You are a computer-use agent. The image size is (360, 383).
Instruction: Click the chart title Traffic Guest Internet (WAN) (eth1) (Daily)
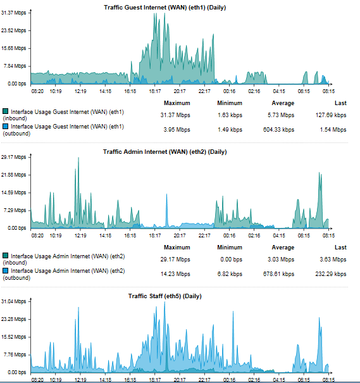164,8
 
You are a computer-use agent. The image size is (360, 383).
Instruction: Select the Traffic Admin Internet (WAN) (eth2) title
164,152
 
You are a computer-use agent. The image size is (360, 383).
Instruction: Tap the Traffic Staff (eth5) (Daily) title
164,296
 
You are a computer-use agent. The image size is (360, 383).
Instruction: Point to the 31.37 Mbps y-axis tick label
13,13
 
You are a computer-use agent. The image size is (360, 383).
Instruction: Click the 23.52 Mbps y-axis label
13,30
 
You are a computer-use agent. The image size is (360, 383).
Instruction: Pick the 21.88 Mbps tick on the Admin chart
13,175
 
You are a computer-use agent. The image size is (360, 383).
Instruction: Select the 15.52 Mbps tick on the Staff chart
13,337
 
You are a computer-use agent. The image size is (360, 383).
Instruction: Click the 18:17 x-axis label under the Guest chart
155,91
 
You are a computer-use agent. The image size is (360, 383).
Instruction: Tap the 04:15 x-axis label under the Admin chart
279,235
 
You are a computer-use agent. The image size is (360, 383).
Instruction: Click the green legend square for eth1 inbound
5,111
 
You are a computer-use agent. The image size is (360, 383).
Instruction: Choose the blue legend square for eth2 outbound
5,270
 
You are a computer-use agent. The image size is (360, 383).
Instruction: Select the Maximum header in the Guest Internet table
177,103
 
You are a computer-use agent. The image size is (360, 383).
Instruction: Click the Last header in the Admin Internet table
340,248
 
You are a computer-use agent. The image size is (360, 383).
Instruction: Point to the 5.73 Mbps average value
281,115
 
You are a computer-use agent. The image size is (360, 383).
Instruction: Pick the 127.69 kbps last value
331,115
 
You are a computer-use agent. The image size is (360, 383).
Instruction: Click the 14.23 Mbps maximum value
175,274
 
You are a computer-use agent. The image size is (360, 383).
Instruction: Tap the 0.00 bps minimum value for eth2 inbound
232,260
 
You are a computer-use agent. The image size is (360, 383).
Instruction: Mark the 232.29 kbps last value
331,274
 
